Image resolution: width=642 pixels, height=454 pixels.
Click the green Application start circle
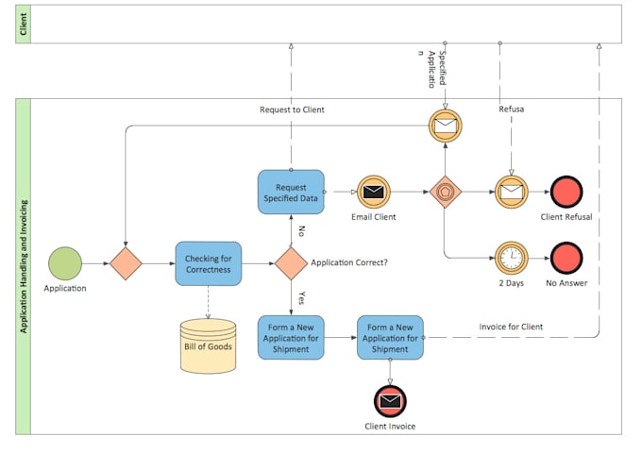(65, 263)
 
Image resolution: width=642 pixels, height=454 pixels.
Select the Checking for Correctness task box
(208, 263)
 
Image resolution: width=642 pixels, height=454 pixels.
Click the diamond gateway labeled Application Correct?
(291, 263)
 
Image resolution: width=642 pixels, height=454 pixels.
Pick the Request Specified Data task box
(291, 192)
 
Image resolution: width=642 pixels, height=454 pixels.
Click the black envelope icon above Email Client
(373, 193)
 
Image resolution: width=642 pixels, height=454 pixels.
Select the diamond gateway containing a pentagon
(444, 193)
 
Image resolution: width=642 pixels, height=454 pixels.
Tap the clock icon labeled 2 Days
(511, 258)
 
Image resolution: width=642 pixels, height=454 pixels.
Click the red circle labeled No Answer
(566, 258)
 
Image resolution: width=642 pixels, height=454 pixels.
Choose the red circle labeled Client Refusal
(566, 193)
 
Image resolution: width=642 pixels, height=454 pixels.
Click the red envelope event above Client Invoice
(390, 401)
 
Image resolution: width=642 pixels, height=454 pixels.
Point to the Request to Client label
(292, 110)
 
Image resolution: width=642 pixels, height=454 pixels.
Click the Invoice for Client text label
(511, 327)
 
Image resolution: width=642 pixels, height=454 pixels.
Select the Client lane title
(24, 24)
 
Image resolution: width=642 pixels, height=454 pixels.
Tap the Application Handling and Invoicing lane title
(24, 266)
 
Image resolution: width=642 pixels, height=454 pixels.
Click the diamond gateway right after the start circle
(125, 263)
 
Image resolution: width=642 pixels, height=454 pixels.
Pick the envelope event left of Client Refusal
(511, 193)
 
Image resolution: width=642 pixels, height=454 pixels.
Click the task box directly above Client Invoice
(390, 337)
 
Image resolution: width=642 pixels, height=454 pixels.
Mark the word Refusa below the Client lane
(511, 109)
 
